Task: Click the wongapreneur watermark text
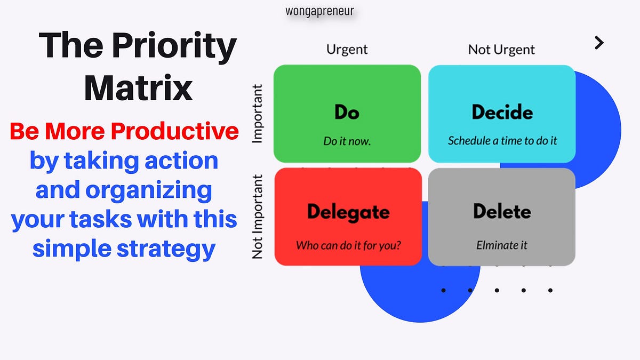pos(319,11)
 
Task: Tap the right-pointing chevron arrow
pos(599,43)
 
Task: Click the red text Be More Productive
pos(124,131)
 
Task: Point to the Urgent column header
pos(347,50)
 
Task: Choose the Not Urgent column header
pos(501,50)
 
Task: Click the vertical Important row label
pos(258,114)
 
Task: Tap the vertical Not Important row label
pos(258,217)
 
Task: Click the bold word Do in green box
pos(347,113)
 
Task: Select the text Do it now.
pos(347,141)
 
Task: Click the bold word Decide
pos(502,113)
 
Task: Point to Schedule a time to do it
pos(502,141)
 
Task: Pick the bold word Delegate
pos(348,212)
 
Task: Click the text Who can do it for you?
pos(348,246)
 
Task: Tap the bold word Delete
pos(502,212)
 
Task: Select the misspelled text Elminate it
pos(502,245)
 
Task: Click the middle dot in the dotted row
pos(497,291)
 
